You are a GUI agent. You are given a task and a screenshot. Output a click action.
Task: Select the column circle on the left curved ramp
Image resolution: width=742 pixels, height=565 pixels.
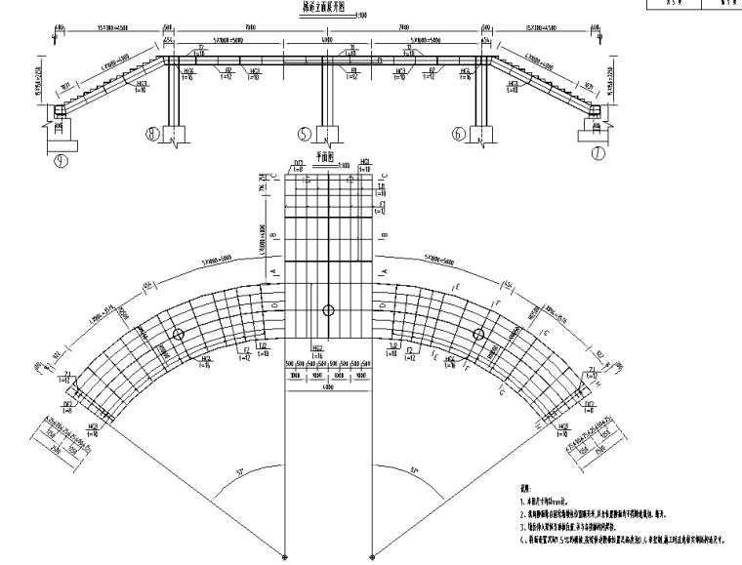179,335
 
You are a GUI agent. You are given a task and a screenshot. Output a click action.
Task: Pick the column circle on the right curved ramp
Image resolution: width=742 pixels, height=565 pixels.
478,335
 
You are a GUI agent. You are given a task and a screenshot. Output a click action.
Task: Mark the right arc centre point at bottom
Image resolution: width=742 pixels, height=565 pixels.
372,557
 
